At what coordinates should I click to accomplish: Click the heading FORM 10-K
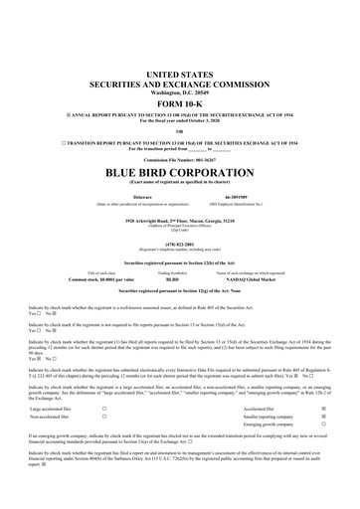(180, 104)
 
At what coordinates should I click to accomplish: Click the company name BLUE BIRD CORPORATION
(180, 172)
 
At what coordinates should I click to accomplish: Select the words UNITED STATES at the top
(180, 76)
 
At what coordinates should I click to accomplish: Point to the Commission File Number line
(180, 159)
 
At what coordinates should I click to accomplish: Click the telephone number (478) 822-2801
(180, 243)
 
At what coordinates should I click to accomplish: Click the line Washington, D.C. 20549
(180, 92)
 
